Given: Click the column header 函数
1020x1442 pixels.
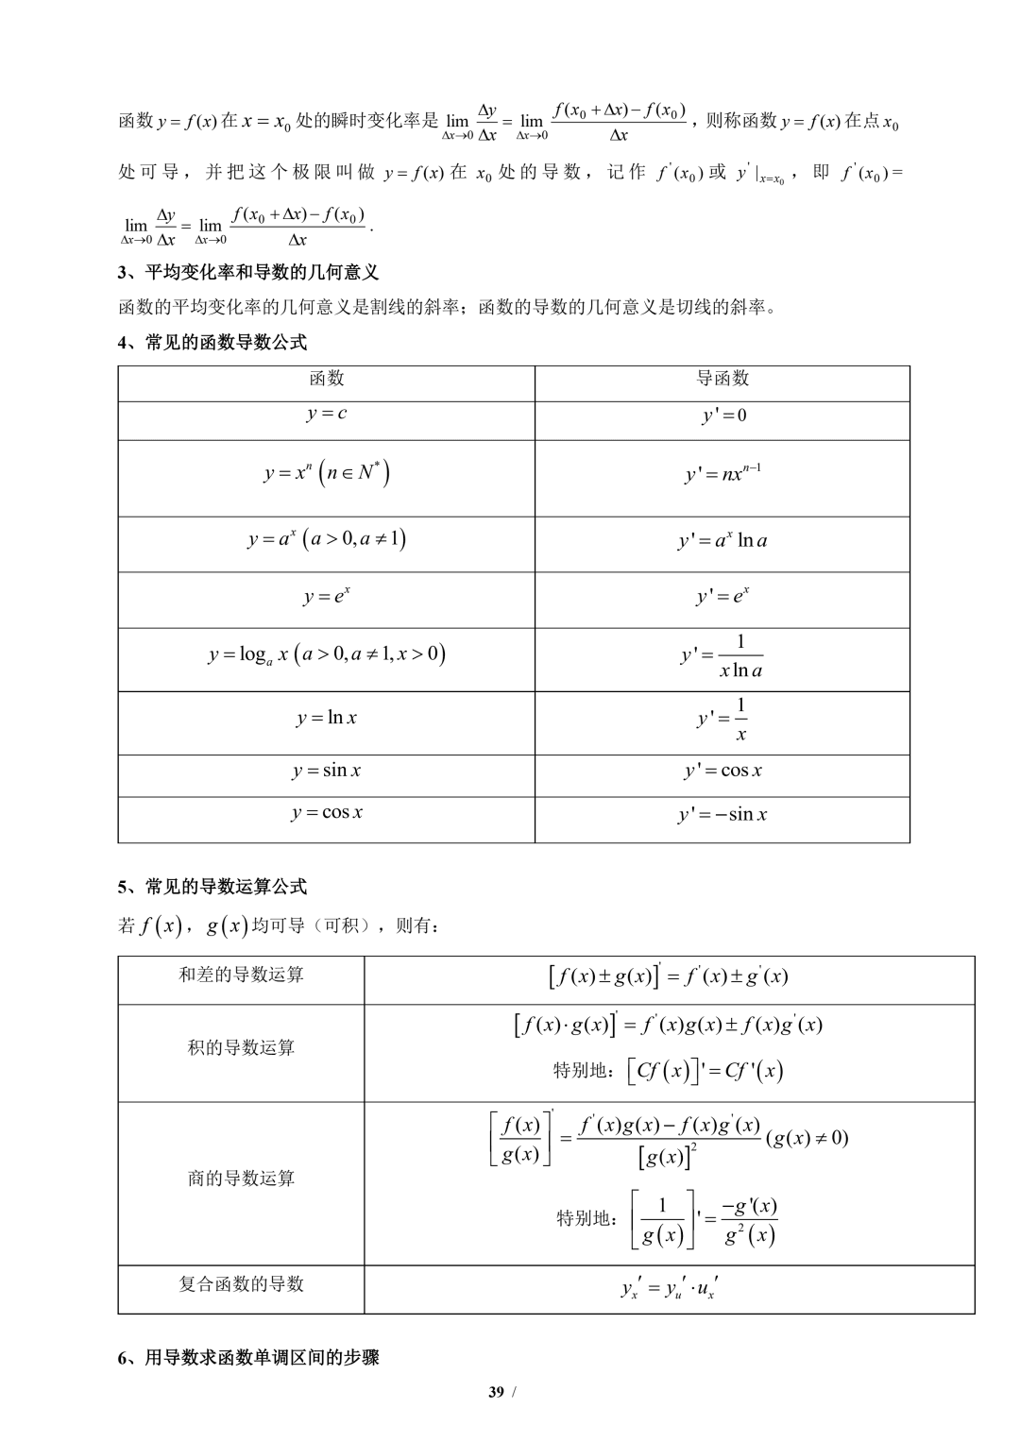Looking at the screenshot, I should click(327, 379).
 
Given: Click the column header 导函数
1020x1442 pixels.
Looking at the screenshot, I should click(722, 379).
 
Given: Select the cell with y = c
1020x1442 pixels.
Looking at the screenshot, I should click(327, 414).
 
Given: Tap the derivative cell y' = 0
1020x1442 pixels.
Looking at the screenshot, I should click(723, 416).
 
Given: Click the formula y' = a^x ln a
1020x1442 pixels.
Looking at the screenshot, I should click(722, 541).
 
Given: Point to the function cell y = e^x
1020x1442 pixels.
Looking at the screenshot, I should click(327, 597).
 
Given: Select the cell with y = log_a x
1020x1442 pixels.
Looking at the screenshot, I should click(327, 653).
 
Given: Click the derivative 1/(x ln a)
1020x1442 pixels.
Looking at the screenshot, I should click(722, 656).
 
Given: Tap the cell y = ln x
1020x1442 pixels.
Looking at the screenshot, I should click(327, 719).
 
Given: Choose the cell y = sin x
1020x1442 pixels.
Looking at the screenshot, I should click(327, 771).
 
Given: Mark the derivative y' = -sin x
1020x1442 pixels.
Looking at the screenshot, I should click(722, 815).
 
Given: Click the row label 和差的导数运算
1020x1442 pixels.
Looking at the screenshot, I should click(241, 975).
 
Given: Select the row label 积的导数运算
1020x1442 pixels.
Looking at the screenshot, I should click(241, 1048).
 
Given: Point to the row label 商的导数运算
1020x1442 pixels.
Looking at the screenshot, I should click(241, 1179).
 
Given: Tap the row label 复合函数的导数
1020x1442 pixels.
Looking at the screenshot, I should click(241, 1284).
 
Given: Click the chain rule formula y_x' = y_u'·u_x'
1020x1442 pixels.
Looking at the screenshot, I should click(669, 1287).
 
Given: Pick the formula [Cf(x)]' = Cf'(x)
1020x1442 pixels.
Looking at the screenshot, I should click(669, 1071).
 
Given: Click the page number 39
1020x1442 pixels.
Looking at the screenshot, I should click(497, 1391).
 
